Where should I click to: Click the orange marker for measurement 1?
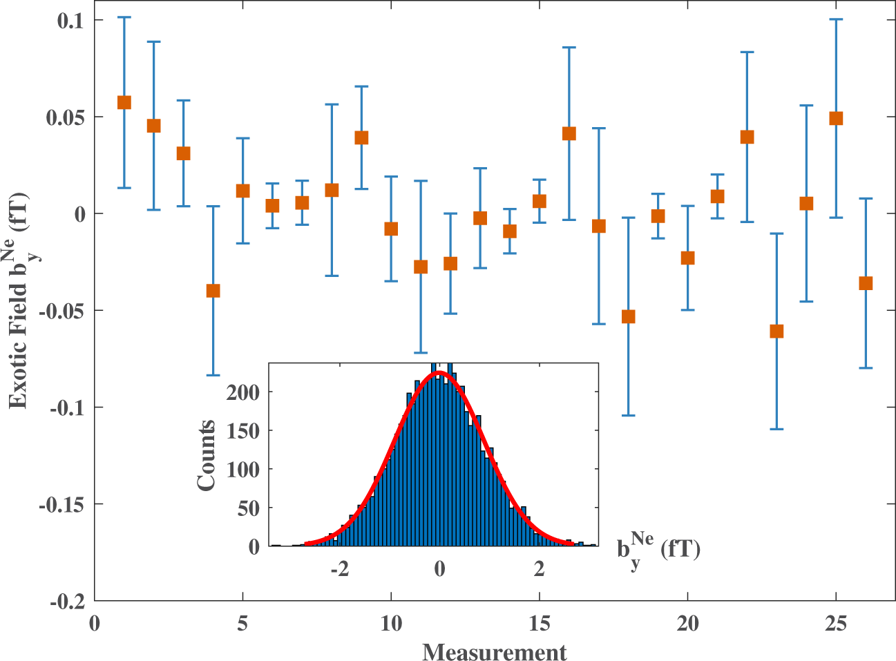point(124,102)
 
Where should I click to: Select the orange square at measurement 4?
point(213,291)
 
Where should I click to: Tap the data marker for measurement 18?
point(628,316)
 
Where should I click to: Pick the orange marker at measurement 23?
point(776,332)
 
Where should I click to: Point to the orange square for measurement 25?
point(836,118)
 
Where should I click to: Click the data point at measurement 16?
point(569,133)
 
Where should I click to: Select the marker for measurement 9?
point(361,137)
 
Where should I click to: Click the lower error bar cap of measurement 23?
point(776,429)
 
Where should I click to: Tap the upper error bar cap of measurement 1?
point(124,17)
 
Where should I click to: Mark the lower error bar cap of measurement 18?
point(628,415)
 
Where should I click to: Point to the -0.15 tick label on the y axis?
point(61,505)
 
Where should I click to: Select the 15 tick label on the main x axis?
point(539,623)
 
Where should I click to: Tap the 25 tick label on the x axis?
point(836,623)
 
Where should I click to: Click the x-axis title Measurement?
point(494,651)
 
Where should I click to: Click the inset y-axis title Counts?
point(207,455)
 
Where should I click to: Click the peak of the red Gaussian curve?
point(439,372)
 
